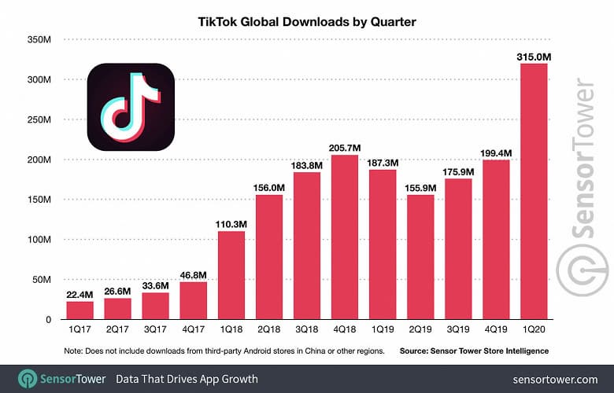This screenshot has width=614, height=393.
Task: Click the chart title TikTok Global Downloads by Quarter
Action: (306, 22)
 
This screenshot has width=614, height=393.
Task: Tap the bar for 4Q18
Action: (344, 237)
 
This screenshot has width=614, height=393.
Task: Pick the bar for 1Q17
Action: (80, 310)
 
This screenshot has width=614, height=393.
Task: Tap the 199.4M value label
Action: (496, 151)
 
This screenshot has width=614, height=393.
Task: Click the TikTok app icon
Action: (130, 107)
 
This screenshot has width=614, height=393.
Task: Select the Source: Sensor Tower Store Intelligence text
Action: (473, 350)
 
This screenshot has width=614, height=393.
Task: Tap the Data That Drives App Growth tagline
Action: (187, 379)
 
